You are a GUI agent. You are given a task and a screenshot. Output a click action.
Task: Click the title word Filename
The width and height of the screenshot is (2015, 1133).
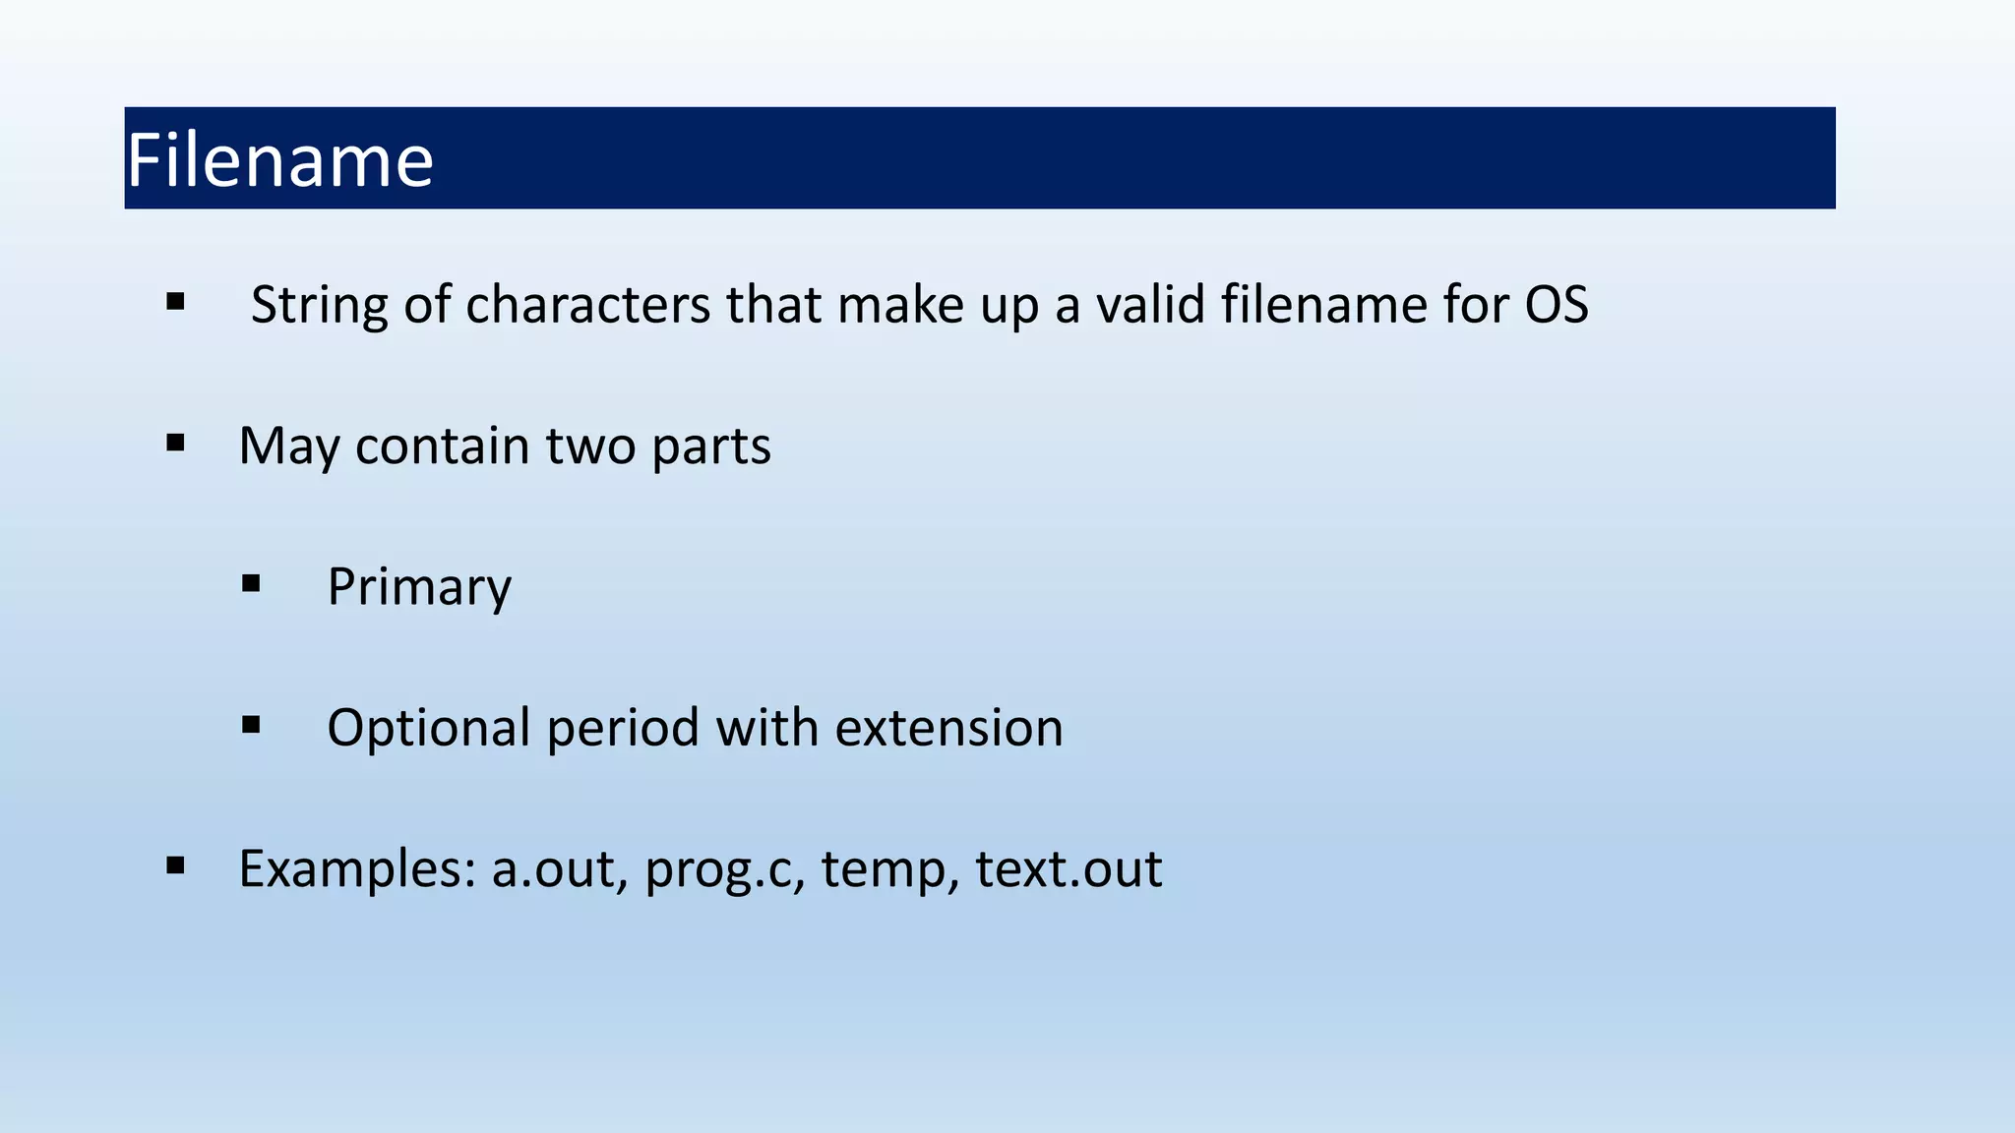click(x=279, y=160)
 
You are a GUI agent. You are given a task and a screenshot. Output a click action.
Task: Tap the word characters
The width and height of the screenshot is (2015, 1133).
click(x=587, y=305)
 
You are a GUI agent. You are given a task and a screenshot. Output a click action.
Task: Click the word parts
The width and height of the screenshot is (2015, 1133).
click(x=710, y=447)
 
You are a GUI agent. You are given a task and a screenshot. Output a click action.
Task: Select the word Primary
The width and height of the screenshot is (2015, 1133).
click(x=419, y=588)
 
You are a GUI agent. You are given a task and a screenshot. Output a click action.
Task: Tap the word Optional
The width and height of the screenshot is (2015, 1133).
click(x=429, y=729)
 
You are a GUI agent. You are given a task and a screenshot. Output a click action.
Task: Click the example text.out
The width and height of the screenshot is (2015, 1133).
click(x=1069, y=869)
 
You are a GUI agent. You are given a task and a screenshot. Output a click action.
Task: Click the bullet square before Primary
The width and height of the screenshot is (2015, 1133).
click(x=251, y=584)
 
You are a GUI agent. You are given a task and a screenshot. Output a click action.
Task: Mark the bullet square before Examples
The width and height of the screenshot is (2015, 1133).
click(x=176, y=865)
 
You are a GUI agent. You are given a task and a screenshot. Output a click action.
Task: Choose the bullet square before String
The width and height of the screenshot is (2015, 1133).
click(x=176, y=301)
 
